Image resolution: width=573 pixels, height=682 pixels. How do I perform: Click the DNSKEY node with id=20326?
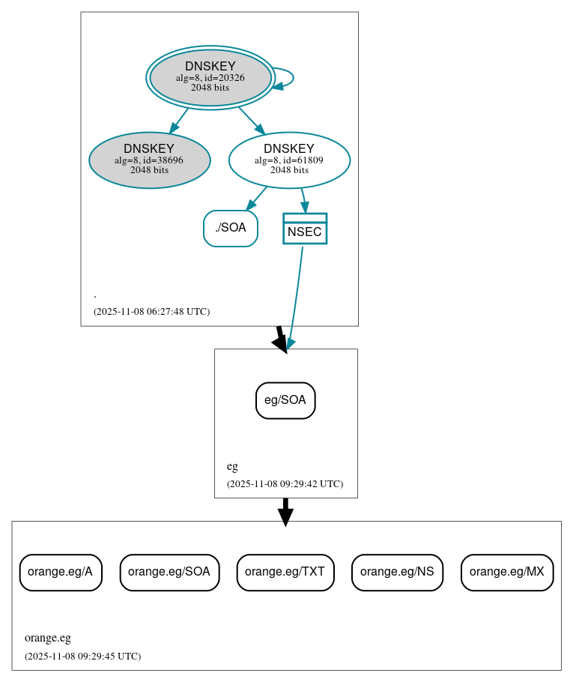pyautogui.click(x=210, y=77)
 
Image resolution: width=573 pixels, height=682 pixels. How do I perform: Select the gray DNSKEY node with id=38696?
pyautogui.click(x=149, y=160)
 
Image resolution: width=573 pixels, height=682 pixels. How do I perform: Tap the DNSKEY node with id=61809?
pyautogui.click(x=289, y=160)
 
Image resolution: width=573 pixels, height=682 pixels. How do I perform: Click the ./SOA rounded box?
pyautogui.click(x=230, y=228)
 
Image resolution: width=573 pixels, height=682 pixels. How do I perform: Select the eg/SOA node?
pyautogui.click(x=285, y=400)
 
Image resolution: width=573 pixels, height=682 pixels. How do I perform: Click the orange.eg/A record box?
pyautogui.click(x=61, y=572)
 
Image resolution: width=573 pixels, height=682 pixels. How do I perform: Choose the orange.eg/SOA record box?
pyautogui.click(x=169, y=572)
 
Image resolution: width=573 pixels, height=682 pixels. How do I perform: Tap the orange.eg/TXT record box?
pyautogui.click(x=285, y=572)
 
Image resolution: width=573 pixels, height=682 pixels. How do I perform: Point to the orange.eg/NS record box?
pyautogui.click(x=397, y=572)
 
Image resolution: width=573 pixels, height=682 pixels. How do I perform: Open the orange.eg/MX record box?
pyautogui.click(x=507, y=572)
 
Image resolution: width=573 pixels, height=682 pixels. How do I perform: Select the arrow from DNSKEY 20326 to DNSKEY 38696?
pyautogui.click(x=179, y=121)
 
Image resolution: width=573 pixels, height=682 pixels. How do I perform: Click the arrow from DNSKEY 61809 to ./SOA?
pyautogui.click(x=257, y=198)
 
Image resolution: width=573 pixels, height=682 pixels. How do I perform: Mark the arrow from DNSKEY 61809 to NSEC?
pyautogui.click(x=303, y=200)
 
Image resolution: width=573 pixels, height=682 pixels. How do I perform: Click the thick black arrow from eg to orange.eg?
pyautogui.click(x=285, y=511)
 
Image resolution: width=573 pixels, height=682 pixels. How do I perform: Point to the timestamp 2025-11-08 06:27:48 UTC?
pyautogui.click(x=151, y=311)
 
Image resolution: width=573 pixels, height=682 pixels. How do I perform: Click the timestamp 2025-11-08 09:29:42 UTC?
pyautogui.click(x=285, y=483)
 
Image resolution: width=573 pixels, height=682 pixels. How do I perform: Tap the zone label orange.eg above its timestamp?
pyautogui.click(x=48, y=638)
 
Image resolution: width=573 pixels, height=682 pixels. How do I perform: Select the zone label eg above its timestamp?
pyautogui.click(x=232, y=466)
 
